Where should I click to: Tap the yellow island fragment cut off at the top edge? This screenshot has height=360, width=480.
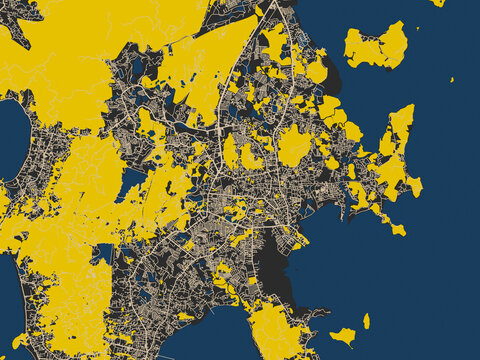[x=438, y=3]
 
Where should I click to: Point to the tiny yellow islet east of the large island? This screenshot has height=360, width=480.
[x=451, y=80]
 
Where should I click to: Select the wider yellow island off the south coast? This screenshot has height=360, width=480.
[x=343, y=336]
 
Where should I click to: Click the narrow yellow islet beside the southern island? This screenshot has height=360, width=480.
[x=366, y=321]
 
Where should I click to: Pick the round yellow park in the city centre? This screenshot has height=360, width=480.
[x=293, y=146]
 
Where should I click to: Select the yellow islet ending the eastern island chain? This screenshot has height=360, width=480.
[x=398, y=230]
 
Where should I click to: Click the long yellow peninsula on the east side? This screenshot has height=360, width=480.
[x=395, y=150]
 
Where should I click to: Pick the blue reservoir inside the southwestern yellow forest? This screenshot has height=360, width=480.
[x=104, y=254]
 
